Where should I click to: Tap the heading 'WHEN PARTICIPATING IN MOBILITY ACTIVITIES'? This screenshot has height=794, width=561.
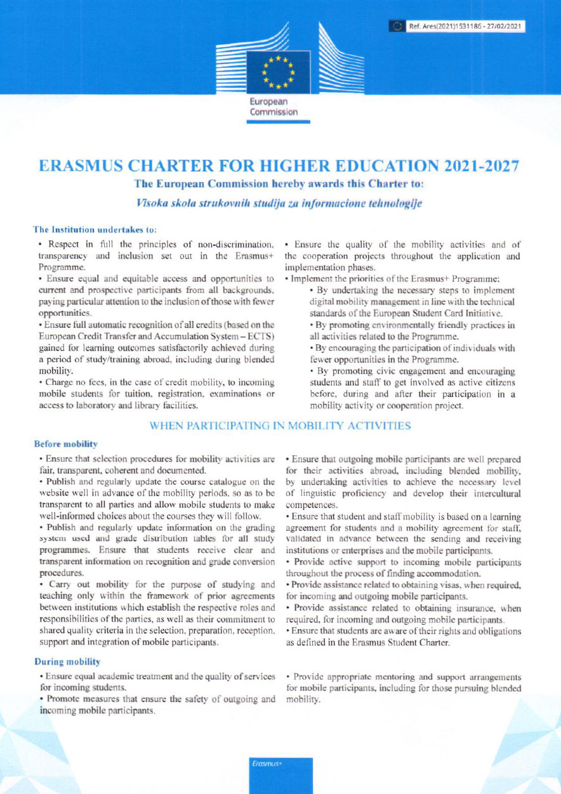click(x=280, y=426)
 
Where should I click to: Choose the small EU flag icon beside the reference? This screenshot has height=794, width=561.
click(x=398, y=27)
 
